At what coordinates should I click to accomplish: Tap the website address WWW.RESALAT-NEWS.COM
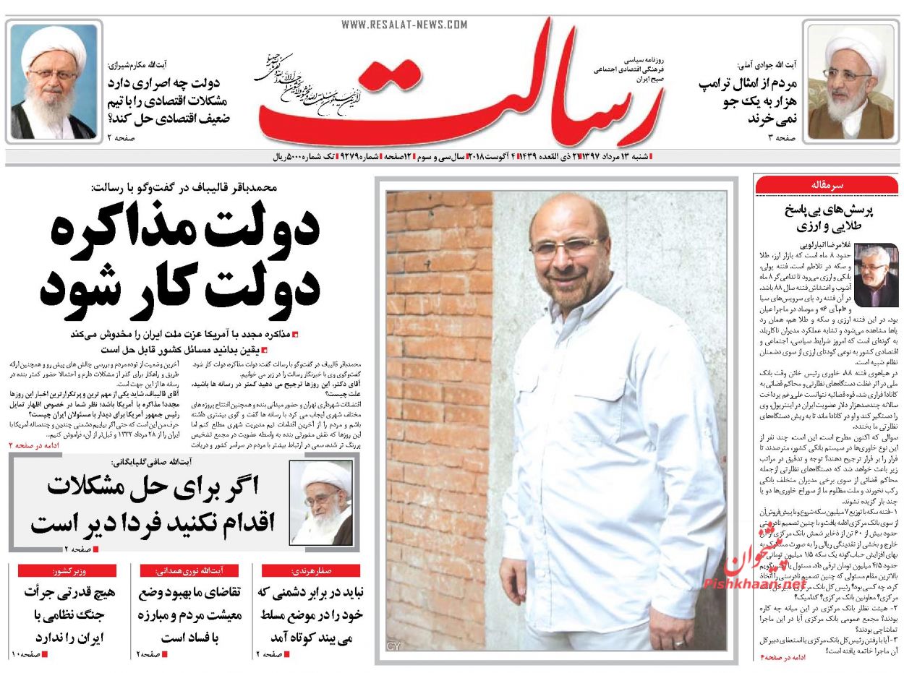(404, 25)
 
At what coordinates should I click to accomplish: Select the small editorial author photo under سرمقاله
(875, 276)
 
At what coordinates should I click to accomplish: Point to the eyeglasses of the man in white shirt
(566, 248)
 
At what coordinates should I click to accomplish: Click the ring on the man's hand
(678, 641)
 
